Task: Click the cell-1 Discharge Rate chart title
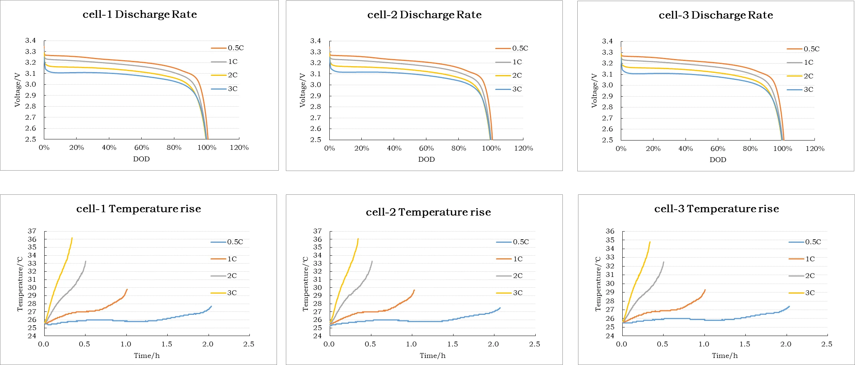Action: (x=140, y=14)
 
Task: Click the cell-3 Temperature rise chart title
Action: (x=716, y=209)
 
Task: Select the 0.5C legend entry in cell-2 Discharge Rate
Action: (x=520, y=48)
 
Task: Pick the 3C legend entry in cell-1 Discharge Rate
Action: (x=233, y=89)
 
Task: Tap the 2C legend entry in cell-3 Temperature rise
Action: (x=810, y=276)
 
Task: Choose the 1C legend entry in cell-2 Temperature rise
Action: (x=518, y=259)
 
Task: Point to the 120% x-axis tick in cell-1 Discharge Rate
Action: (x=239, y=148)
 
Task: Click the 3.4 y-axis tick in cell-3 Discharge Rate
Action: (x=607, y=41)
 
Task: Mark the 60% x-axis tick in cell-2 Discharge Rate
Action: (x=426, y=148)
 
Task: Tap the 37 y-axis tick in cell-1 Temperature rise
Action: (x=32, y=231)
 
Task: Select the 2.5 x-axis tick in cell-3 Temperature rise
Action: (x=827, y=344)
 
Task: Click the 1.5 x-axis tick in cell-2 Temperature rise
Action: (x=452, y=344)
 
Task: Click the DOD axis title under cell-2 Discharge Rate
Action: (x=426, y=159)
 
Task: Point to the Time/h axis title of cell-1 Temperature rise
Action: (x=147, y=356)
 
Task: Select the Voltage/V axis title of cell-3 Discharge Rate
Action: (x=594, y=91)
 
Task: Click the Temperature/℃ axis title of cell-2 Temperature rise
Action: (x=306, y=284)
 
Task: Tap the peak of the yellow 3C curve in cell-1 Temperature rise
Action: (x=72, y=238)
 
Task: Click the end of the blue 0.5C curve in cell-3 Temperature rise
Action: (x=789, y=307)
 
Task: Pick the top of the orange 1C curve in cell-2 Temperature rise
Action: (x=414, y=290)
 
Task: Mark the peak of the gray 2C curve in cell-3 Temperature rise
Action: (x=664, y=262)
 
